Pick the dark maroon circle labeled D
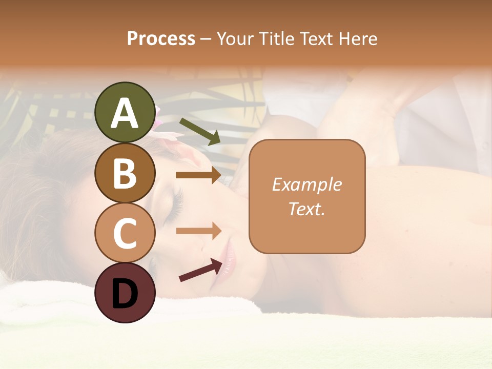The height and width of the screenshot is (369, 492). click(125, 293)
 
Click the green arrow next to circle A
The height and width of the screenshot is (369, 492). click(200, 132)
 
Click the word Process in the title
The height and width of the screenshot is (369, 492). click(161, 39)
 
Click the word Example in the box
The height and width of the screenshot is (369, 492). click(306, 184)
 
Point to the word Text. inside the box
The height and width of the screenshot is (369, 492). click(306, 209)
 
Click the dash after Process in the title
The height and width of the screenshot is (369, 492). click(206, 39)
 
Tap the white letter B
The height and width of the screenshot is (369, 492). click(125, 173)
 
